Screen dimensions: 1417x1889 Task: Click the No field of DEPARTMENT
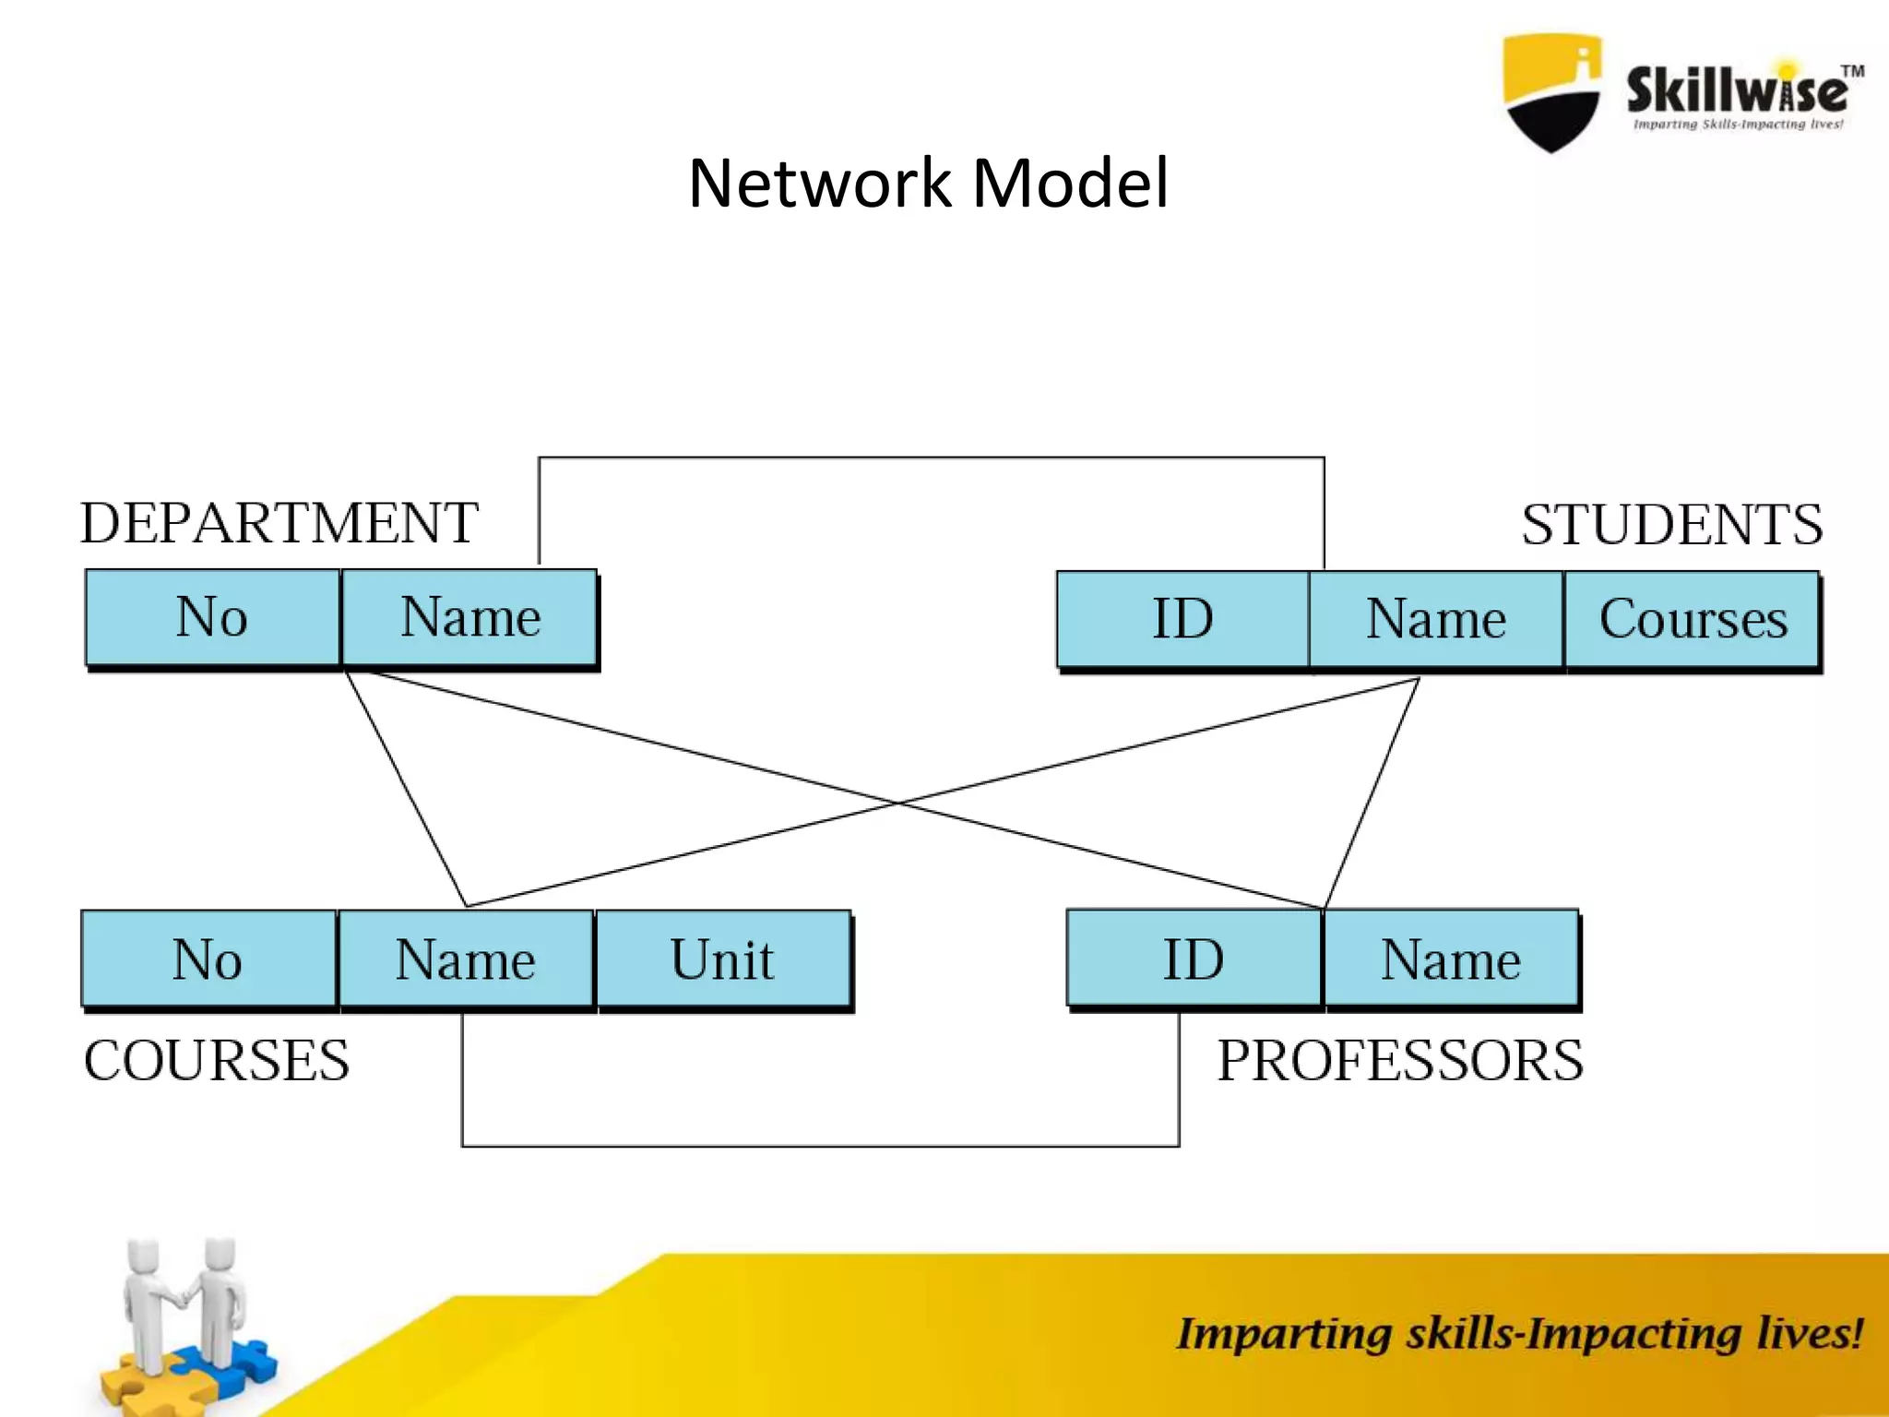click(212, 616)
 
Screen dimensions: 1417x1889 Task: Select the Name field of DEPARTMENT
click(469, 616)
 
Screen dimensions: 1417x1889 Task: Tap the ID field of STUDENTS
click(1182, 618)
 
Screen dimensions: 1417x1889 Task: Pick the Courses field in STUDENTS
click(1693, 618)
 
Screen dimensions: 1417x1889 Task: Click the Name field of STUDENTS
click(1436, 618)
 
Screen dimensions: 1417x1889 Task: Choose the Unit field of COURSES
click(722, 959)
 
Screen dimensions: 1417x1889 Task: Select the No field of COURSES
click(208, 959)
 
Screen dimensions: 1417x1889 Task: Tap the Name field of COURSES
click(466, 959)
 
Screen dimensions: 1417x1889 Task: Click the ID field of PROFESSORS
click(1194, 959)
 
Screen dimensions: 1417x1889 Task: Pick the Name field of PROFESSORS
click(1450, 959)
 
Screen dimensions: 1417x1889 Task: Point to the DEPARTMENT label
click(279, 523)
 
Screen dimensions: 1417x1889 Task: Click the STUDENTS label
click(1671, 525)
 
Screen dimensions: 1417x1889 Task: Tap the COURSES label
click(217, 1060)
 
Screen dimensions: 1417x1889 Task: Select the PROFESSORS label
click(1399, 1060)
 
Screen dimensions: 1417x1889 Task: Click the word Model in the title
click(1070, 183)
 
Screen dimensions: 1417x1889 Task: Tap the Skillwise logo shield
click(1551, 92)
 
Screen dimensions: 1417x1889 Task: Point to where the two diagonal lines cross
click(898, 804)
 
